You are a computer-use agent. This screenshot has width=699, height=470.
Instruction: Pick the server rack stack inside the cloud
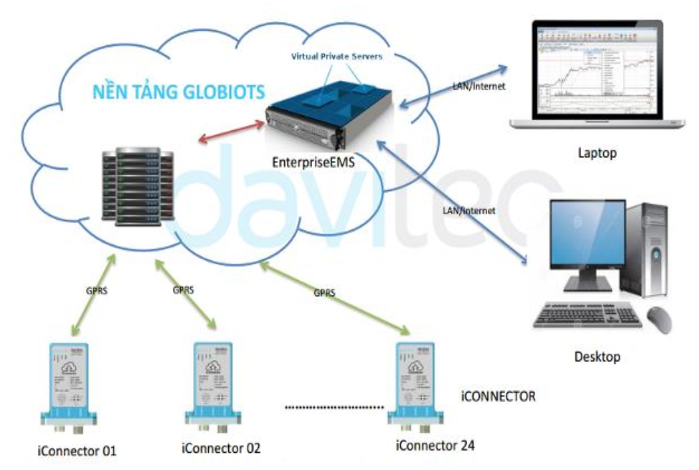pos(137,185)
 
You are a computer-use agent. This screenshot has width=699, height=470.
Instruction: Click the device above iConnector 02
pos(215,385)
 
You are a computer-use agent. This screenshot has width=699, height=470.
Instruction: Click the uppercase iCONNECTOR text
pos(498,396)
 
